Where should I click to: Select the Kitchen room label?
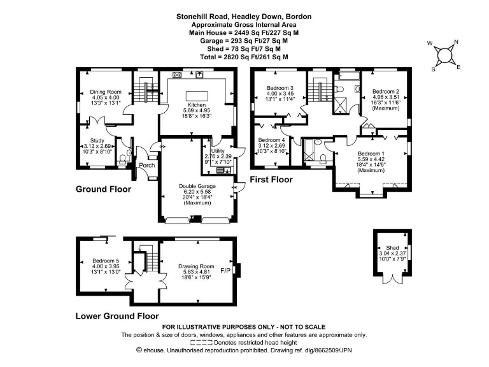(195, 104)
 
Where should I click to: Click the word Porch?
(147, 166)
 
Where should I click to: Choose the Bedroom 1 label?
(371, 154)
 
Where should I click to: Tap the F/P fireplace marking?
(225, 271)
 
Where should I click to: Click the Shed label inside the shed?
(392, 248)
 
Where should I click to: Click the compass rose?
(446, 54)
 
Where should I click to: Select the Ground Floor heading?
(103, 189)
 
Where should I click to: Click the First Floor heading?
(271, 180)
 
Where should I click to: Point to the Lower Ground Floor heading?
(117, 315)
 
